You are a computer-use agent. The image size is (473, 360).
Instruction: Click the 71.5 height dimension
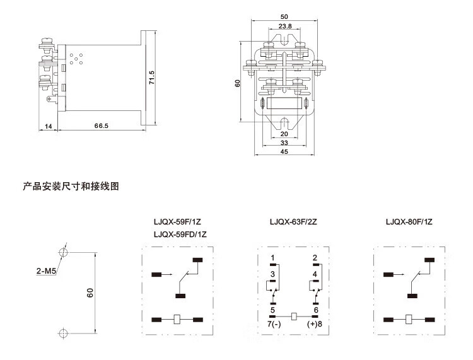152,77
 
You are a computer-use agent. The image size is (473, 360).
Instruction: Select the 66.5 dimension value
102,126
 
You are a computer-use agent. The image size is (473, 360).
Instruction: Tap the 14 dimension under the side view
48,126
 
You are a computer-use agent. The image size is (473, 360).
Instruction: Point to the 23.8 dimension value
284,26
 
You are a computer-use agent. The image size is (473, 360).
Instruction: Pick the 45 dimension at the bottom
284,152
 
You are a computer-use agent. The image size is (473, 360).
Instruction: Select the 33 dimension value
284,143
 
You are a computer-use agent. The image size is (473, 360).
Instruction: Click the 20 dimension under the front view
284,134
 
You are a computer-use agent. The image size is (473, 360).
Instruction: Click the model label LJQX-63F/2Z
295,222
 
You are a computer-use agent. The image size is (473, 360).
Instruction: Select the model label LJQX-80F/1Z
409,222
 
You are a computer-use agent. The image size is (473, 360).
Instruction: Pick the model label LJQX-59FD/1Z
180,235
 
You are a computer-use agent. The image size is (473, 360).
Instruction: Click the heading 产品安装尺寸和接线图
71,187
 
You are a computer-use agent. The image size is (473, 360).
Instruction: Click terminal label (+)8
315,324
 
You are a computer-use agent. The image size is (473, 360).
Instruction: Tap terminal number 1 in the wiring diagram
272,258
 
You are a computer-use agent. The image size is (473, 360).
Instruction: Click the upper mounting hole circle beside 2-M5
63,253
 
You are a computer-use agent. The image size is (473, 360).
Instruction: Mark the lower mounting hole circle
63,333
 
